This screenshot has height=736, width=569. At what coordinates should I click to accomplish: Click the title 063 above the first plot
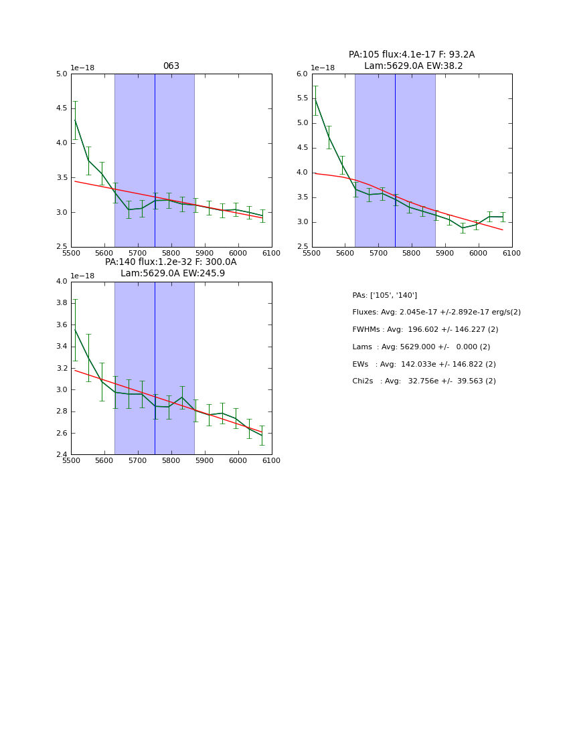point(171,66)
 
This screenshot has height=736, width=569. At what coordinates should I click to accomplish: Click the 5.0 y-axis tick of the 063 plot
point(62,74)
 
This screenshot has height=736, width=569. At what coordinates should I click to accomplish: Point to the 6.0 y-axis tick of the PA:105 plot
point(303,74)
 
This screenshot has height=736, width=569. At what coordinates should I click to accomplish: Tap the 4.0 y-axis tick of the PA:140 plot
point(62,282)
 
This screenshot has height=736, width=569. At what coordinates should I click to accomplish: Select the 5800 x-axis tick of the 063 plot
point(171,254)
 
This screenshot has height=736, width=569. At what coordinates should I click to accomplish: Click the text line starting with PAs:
point(384,296)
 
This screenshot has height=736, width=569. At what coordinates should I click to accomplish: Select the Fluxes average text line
point(436,312)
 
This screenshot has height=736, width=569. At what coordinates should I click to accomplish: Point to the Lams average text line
point(421,347)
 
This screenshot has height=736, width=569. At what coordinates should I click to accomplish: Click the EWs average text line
point(424,365)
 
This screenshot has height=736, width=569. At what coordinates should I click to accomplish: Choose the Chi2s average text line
point(424,381)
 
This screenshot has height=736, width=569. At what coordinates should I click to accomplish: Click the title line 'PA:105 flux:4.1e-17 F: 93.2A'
point(412,55)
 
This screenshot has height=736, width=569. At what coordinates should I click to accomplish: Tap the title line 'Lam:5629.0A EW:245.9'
point(173,274)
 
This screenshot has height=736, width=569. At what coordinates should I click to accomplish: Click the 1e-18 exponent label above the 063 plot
point(82,68)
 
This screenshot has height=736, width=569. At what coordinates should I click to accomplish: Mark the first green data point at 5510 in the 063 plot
point(75,120)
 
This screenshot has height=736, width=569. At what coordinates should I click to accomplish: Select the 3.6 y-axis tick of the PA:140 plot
point(62,325)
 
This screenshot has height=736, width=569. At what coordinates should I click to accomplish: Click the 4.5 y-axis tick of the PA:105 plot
point(303,148)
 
